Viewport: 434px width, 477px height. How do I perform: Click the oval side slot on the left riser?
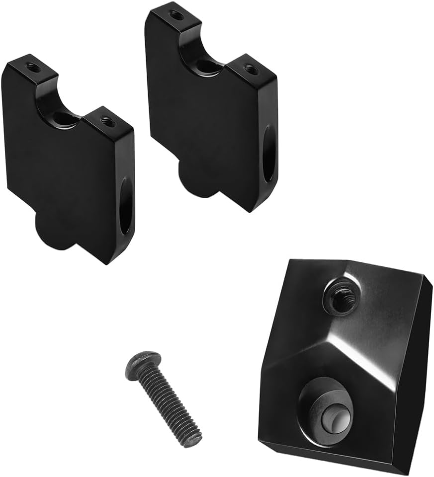point(126,206)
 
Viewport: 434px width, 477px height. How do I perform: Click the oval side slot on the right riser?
point(268,154)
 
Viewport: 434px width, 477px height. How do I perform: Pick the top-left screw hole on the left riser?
point(33,66)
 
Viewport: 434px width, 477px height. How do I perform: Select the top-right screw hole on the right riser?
point(251,69)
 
